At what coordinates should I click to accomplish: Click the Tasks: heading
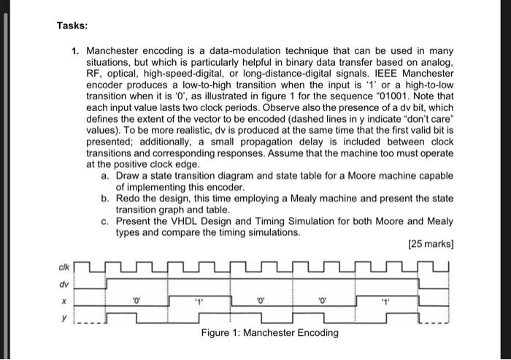tap(72, 26)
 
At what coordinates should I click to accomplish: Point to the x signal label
tap(66, 299)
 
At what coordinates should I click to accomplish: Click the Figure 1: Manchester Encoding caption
tap(270, 333)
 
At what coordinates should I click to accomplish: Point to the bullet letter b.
tap(106, 199)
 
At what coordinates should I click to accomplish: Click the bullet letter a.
tap(106, 176)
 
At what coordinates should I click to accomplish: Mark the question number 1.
tap(75, 51)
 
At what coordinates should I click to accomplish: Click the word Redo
tap(128, 199)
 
